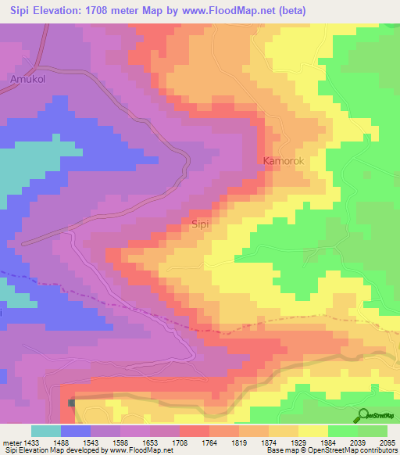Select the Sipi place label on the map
(200, 224)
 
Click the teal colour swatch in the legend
(45, 431)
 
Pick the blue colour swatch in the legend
(75, 431)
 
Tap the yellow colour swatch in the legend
(312, 431)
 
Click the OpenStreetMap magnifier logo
(363, 415)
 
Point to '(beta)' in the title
(288, 10)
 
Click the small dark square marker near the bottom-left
(72, 403)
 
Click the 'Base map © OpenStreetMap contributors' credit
(331, 450)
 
